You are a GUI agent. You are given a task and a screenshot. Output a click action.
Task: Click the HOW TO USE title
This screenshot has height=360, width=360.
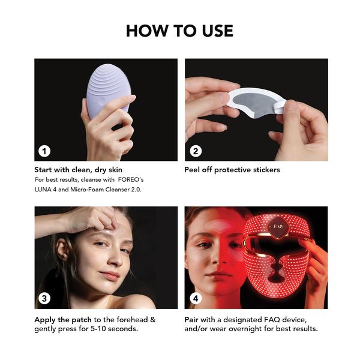[x=179, y=30]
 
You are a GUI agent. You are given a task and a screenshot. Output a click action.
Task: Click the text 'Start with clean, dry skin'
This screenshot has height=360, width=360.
[x=78, y=170]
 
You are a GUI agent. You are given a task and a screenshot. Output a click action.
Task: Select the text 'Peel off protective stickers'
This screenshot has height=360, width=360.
[x=232, y=170]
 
